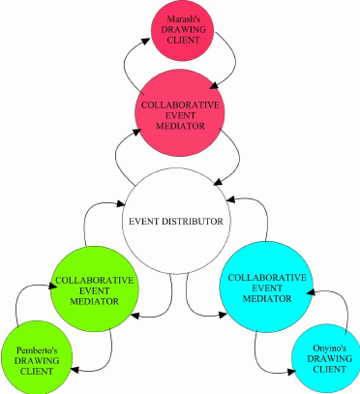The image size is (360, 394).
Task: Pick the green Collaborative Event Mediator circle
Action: (94, 289)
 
